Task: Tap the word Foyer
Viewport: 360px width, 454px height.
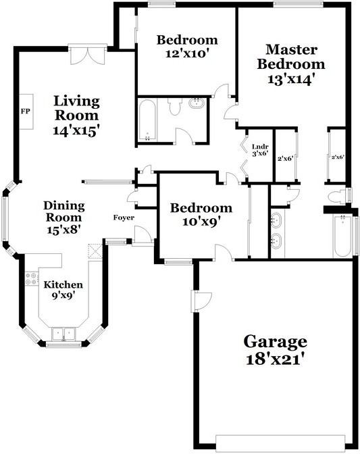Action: [124, 218]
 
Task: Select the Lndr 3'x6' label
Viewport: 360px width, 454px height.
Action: [259, 150]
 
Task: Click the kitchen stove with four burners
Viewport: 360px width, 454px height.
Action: [31, 278]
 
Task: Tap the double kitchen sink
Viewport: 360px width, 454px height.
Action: [65, 333]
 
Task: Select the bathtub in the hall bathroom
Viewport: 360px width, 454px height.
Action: [147, 121]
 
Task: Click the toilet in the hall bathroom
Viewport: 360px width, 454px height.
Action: [175, 106]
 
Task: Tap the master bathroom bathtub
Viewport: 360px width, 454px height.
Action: [342, 236]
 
